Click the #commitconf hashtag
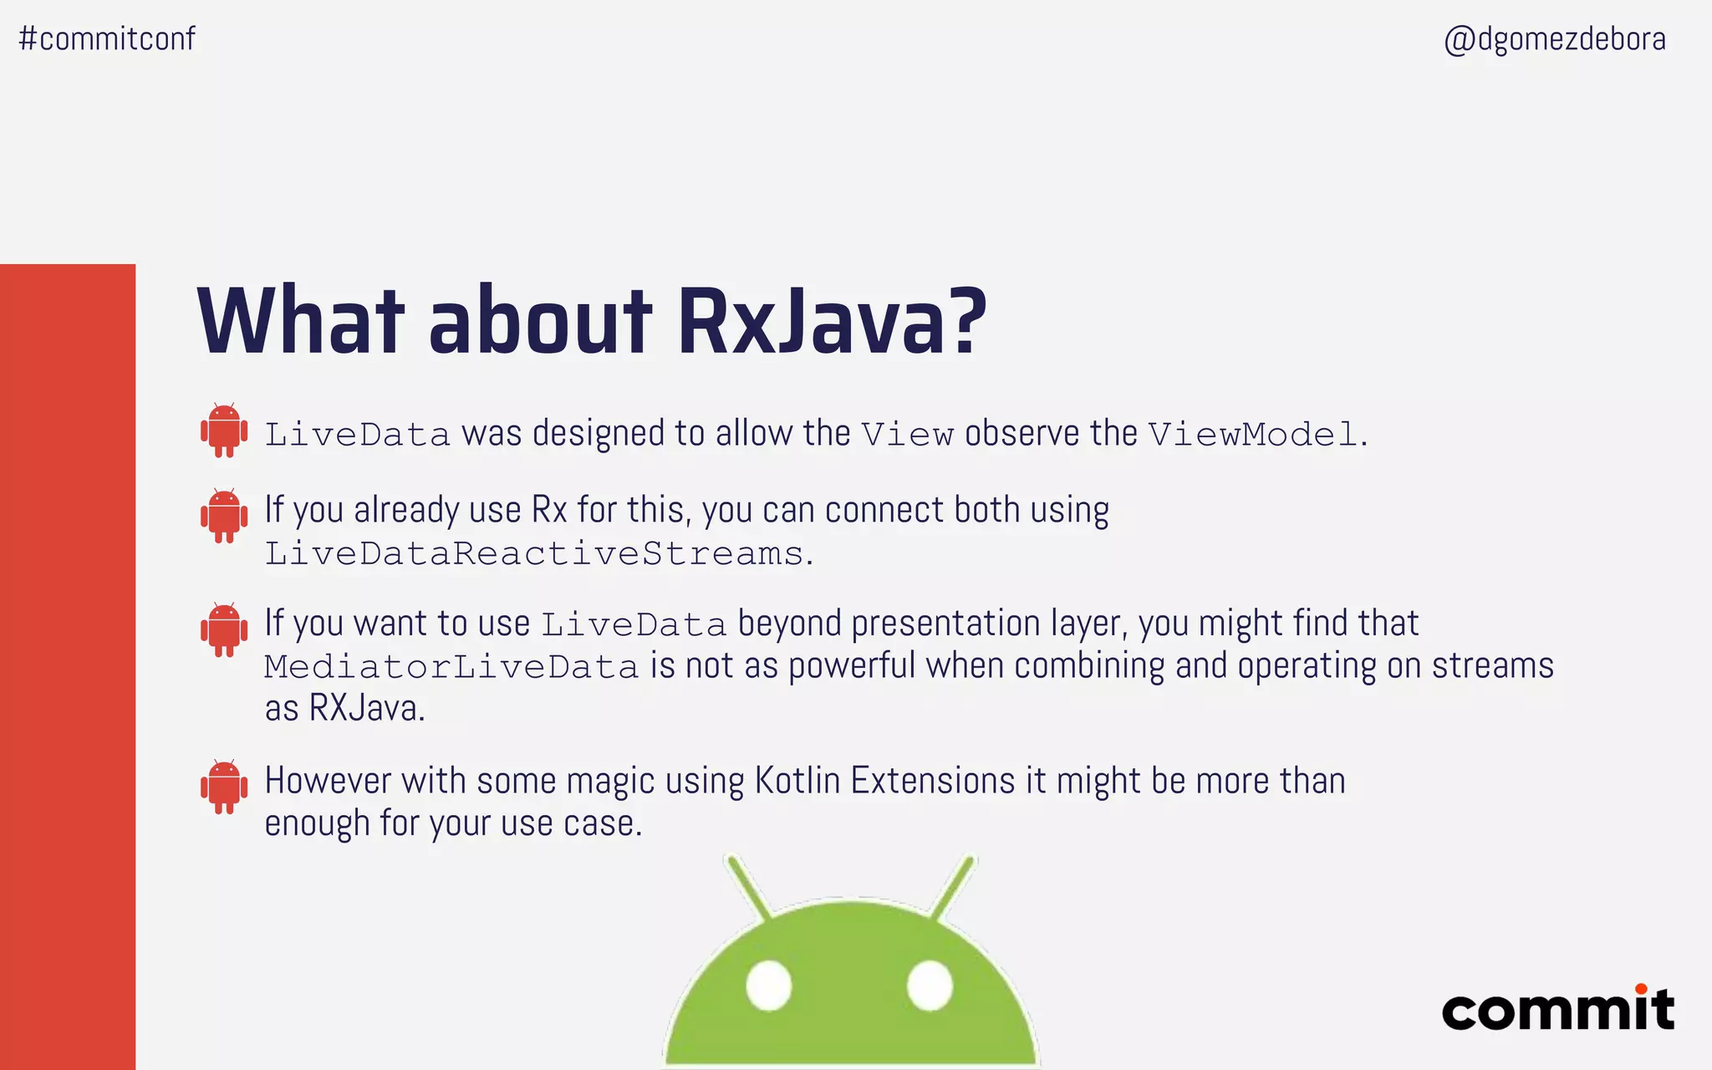click(107, 38)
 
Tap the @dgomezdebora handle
click(1555, 39)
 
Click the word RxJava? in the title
click(832, 322)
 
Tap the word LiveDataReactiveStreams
click(534, 553)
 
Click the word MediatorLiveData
click(451, 667)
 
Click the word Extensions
click(933, 781)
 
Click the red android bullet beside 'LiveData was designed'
click(224, 431)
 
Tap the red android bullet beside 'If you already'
click(224, 516)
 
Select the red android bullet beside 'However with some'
click(224, 787)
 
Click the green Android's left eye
click(768, 985)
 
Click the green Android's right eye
click(930, 985)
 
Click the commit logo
click(1558, 1010)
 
